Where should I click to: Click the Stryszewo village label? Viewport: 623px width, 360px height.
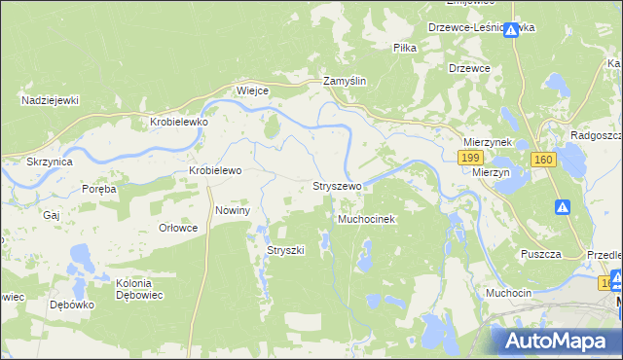337,185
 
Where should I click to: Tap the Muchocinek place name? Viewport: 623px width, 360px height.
365,220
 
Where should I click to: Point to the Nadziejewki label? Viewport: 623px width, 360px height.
50,100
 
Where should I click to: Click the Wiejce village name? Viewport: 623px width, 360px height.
252,90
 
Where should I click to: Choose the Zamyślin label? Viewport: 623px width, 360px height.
345,83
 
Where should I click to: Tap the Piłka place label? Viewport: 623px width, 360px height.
405,47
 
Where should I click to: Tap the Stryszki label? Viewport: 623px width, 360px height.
286,250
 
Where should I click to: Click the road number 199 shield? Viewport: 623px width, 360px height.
471,158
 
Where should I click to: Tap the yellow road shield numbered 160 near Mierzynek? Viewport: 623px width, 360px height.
543,159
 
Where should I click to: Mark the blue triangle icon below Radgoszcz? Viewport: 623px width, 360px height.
563,206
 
